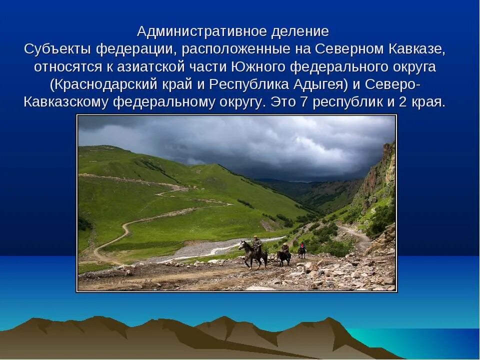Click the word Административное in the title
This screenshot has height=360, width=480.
202,31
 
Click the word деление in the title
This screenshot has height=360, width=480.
300,31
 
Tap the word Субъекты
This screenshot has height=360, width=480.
57,49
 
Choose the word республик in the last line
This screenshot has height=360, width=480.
351,102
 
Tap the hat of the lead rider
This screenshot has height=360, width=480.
256,237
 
